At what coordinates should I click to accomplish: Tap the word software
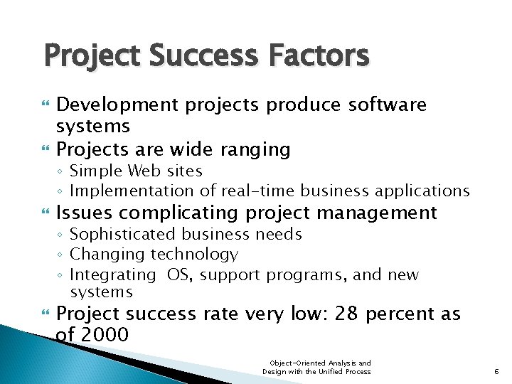pos(387,105)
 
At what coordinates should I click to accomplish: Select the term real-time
pos(259,191)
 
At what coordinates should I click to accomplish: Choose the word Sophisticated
pos(125,234)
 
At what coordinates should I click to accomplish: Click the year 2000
pos(104,334)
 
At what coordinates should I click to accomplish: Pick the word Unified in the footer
pos(327,371)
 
